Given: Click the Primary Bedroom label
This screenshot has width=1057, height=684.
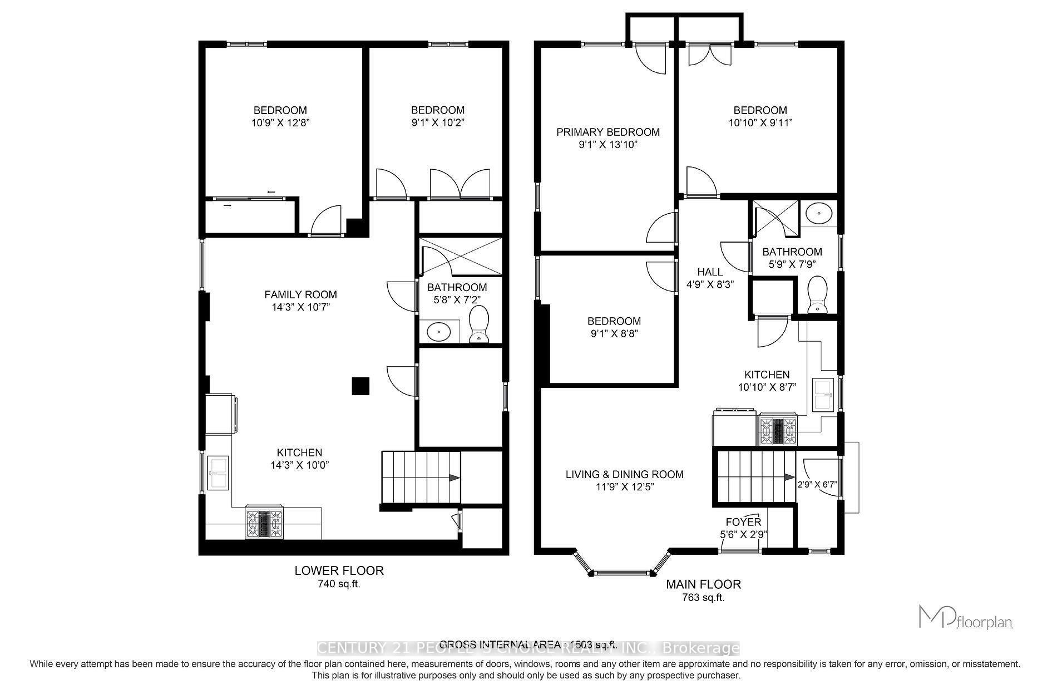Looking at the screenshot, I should [608, 132].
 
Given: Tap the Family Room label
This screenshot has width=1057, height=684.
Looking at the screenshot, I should [300, 294].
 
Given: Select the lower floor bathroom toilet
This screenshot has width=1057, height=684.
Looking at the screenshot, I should [478, 325].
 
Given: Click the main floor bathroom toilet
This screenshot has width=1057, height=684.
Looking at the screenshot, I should [817, 295].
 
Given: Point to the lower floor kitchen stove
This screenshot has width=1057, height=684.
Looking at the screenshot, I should [264, 524].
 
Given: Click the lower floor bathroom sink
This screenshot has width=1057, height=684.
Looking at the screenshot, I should [439, 332].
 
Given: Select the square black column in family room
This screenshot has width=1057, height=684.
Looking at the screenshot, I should [360, 386].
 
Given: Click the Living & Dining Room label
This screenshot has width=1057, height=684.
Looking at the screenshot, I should [624, 474].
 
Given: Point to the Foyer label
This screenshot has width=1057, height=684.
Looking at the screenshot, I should [743, 522].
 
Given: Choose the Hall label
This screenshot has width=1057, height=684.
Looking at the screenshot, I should [710, 272].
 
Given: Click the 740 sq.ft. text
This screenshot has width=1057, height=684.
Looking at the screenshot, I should [339, 584].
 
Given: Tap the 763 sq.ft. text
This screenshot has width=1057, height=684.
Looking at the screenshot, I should [703, 598].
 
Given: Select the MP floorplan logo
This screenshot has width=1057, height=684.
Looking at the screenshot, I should [965, 617].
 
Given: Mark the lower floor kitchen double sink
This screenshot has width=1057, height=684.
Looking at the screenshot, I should [218, 473].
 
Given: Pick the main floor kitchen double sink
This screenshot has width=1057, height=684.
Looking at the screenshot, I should [822, 395].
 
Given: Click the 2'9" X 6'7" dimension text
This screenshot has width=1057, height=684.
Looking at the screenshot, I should [818, 485].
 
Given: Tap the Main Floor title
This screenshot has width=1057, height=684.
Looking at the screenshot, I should [703, 584].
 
